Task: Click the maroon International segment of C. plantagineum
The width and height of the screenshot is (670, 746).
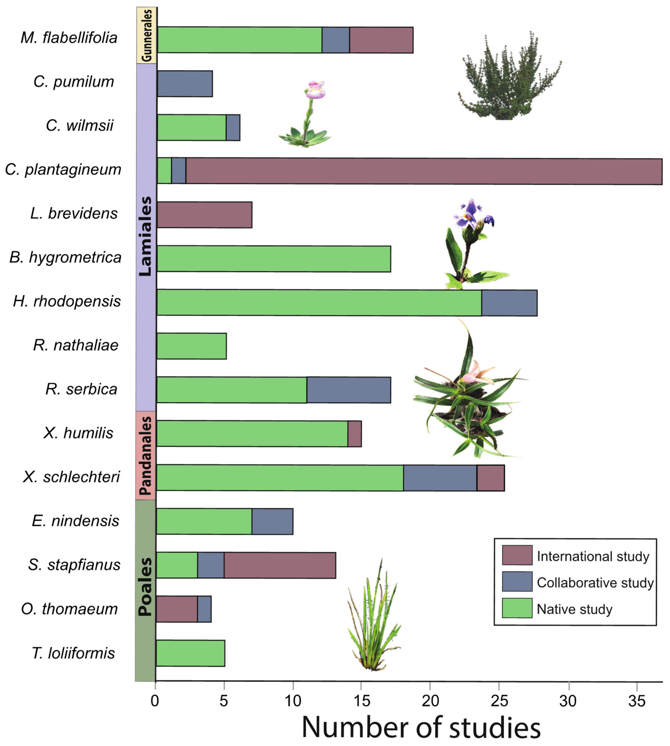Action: (423, 171)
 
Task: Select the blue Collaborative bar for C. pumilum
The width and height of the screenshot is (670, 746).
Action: (185, 84)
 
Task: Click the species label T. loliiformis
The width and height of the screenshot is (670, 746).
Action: (74, 653)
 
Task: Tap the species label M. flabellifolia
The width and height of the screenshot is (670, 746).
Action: (69, 38)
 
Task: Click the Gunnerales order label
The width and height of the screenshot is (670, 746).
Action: (146, 35)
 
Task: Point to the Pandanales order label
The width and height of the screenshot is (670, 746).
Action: (146, 456)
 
